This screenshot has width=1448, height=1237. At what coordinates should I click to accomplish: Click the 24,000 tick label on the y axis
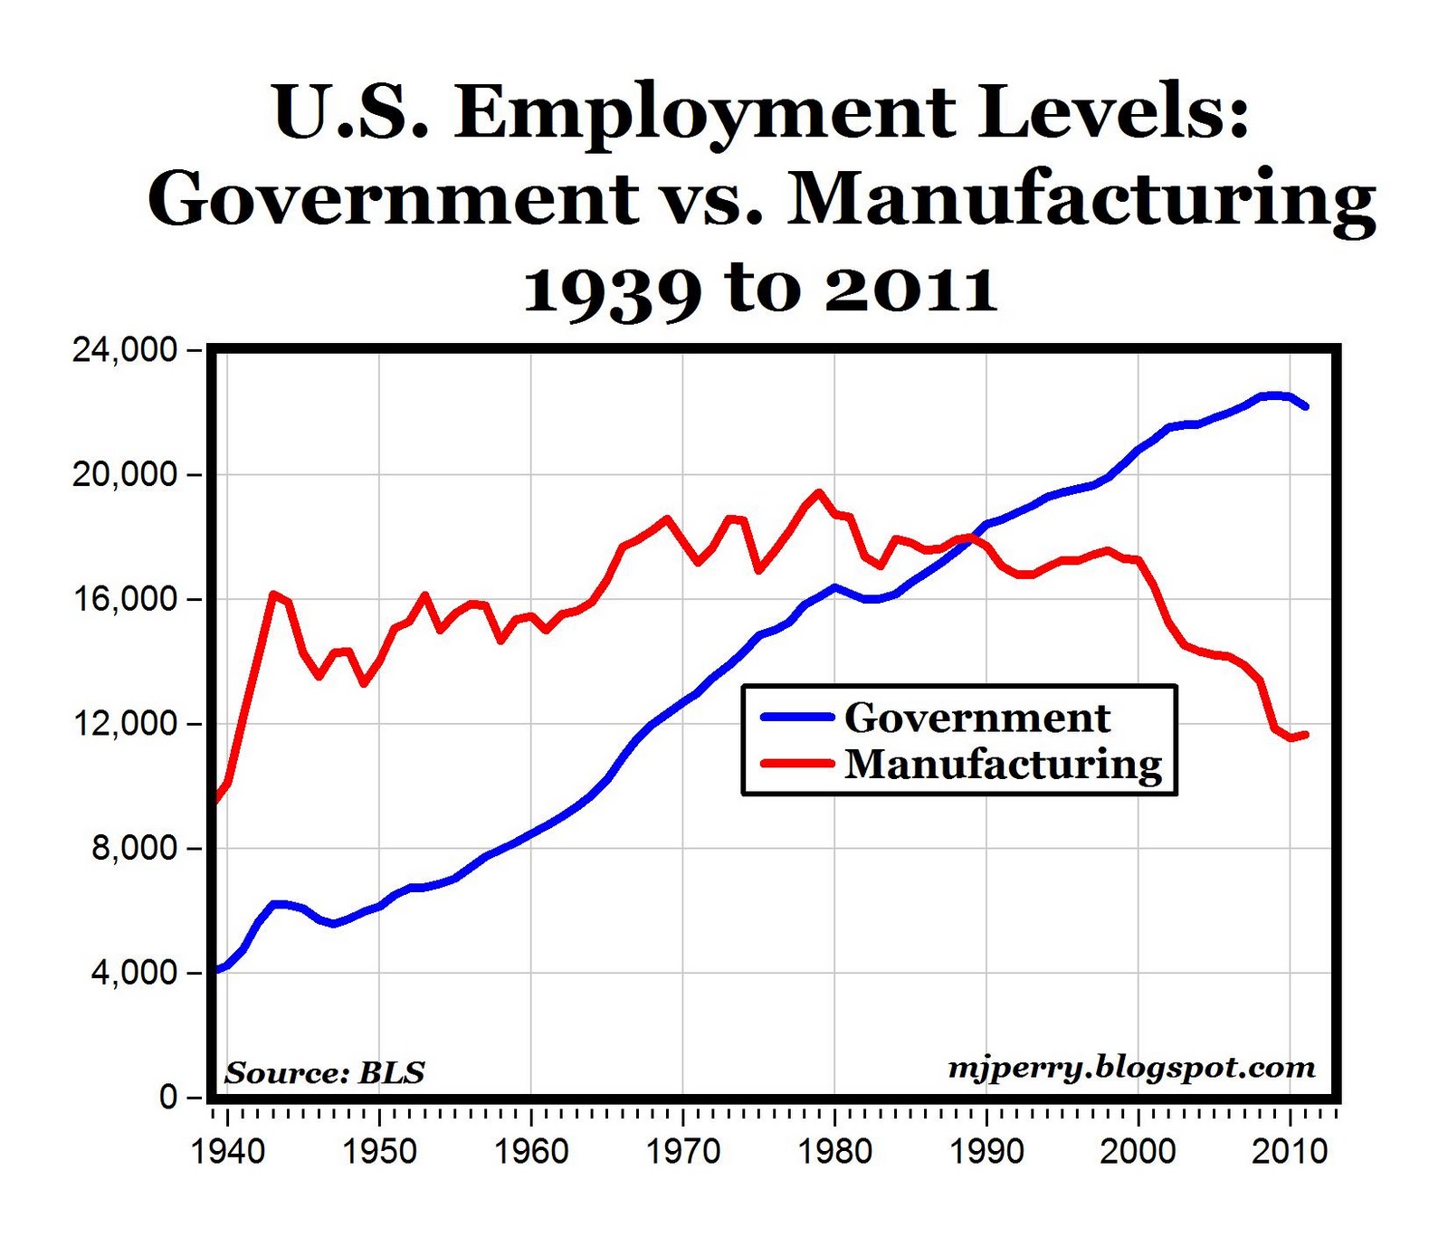pyautogui.click(x=125, y=349)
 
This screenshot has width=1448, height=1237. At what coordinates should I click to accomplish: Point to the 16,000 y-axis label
pyautogui.click(x=125, y=599)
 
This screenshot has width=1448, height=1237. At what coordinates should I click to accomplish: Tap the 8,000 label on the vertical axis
pyautogui.click(x=134, y=849)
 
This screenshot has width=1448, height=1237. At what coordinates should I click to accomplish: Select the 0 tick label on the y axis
pyautogui.click(x=168, y=1098)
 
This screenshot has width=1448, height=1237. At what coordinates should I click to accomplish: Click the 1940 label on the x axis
pyautogui.click(x=228, y=1151)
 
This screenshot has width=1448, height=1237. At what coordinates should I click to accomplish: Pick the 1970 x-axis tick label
pyautogui.click(x=683, y=1151)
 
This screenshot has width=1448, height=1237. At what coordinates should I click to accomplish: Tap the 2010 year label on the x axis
pyautogui.click(x=1290, y=1151)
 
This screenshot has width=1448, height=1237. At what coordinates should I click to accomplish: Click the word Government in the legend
pyautogui.click(x=977, y=718)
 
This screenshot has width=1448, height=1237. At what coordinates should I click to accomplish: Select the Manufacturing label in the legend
pyautogui.click(x=1003, y=764)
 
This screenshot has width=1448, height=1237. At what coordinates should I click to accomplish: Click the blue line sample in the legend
pyautogui.click(x=796, y=717)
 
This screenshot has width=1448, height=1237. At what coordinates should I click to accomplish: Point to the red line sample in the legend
pyautogui.click(x=796, y=763)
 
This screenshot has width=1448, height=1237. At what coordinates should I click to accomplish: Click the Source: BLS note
pyautogui.click(x=325, y=1072)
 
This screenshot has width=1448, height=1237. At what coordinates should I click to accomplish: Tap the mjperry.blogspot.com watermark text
pyautogui.click(x=1131, y=1068)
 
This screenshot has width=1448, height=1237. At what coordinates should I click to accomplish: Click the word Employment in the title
pyautogui.click(x=704, y=113)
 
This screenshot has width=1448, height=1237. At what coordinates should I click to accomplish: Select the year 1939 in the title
pyautogui.click(x=613, y=290)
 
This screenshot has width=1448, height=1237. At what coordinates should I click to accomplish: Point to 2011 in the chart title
pyautogui.click(x=910, y=290)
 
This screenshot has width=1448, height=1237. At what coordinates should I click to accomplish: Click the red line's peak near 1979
pyautogui.click(x=819, y=492)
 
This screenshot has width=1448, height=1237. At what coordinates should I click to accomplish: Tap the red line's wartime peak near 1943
pyautogui.click(x=272, y=594)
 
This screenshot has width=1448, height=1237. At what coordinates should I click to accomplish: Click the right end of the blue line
pyautogui.click(x=1305, y=406)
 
